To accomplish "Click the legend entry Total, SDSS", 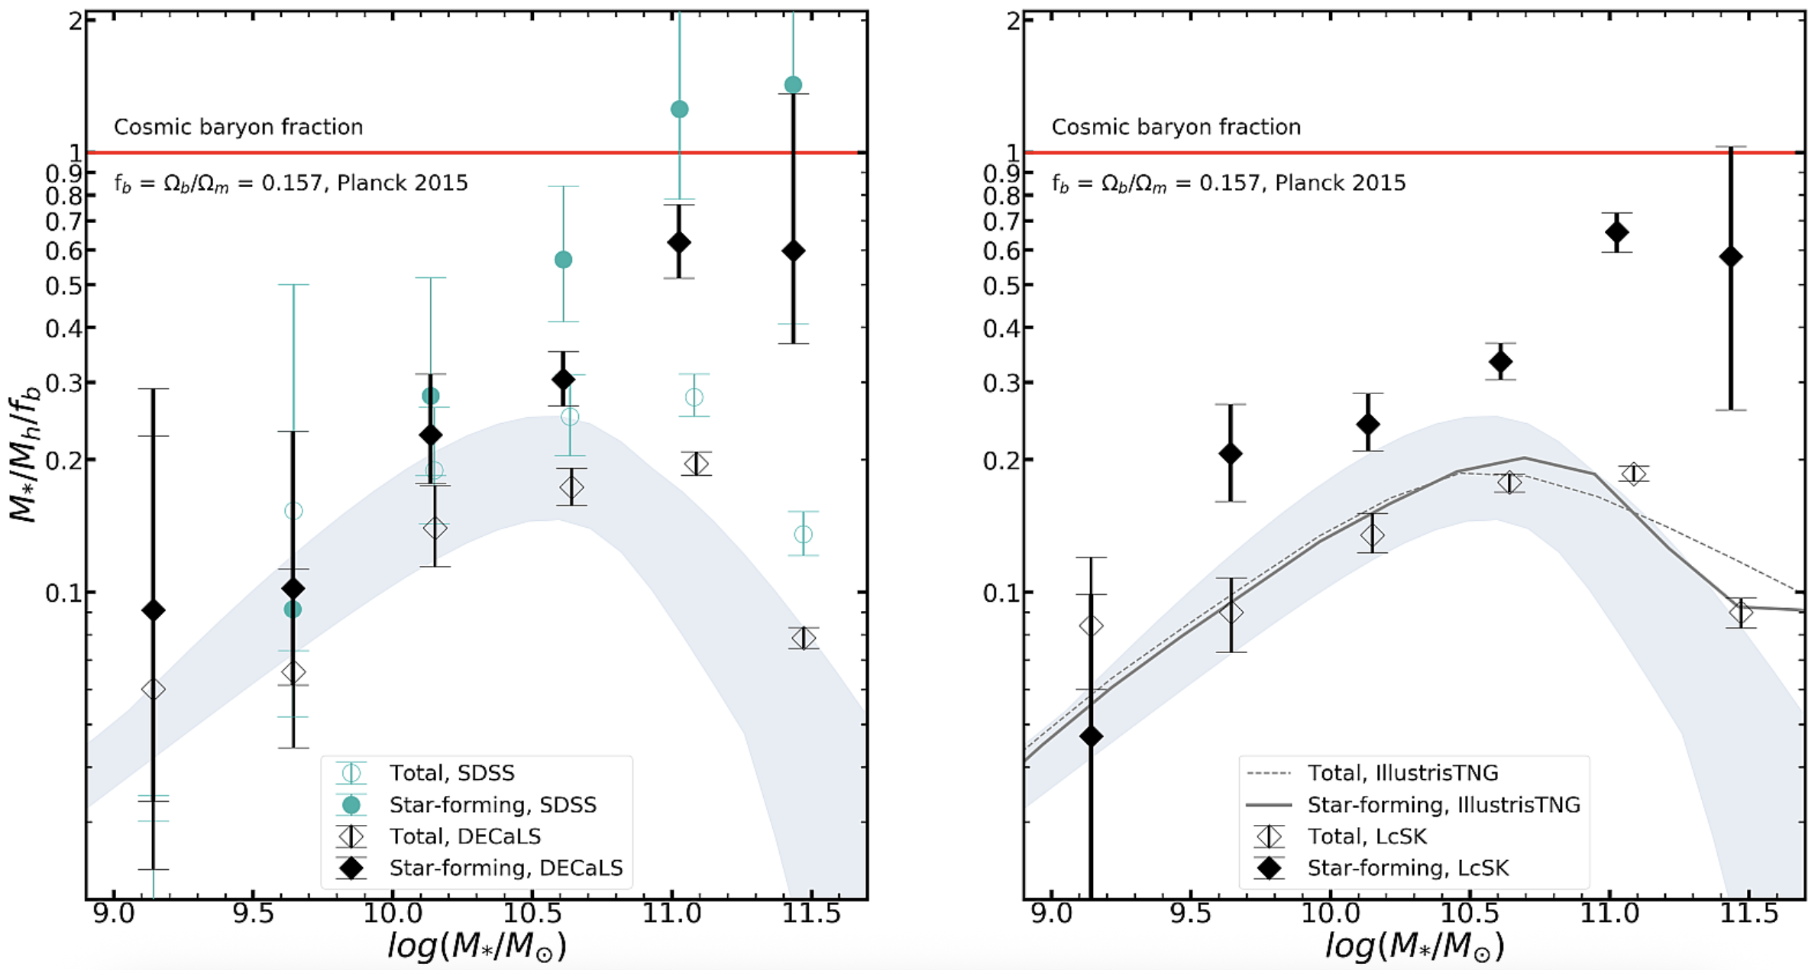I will pos(452,773).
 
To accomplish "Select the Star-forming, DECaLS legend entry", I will pos(506,868).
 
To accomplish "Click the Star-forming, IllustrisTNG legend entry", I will pos(1443,805).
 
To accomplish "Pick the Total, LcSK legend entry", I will pos(1367,836).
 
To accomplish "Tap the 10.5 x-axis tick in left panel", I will pos(532,913).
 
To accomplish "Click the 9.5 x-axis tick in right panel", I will pos(1191,913).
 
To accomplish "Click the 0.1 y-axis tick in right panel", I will pos(1001,593).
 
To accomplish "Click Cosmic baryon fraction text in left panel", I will pos(238,127).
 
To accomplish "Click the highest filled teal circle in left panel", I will pos(793,85).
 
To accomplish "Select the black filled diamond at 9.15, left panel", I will pos(154,610).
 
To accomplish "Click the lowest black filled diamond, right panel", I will pos(1091,736).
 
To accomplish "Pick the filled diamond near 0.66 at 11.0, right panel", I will pos(1616,232).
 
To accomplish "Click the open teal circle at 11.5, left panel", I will pos(803,534).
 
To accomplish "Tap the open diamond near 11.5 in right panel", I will pos(1741,613).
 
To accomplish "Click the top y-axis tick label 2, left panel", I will pos(75,21).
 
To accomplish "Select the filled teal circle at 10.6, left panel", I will pos(563,260).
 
